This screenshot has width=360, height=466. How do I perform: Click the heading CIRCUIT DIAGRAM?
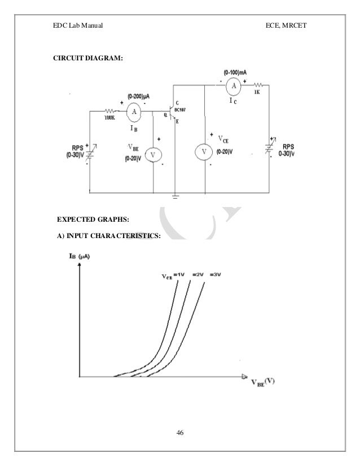point(86,58)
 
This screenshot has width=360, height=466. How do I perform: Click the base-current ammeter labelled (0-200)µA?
point(134,112)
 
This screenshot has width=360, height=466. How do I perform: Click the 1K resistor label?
point(257,91)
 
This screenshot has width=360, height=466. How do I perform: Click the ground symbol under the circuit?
point(176,197)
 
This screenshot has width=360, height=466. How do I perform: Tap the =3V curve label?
point(216,275)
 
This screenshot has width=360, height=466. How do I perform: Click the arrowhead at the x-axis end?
point(244,376)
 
